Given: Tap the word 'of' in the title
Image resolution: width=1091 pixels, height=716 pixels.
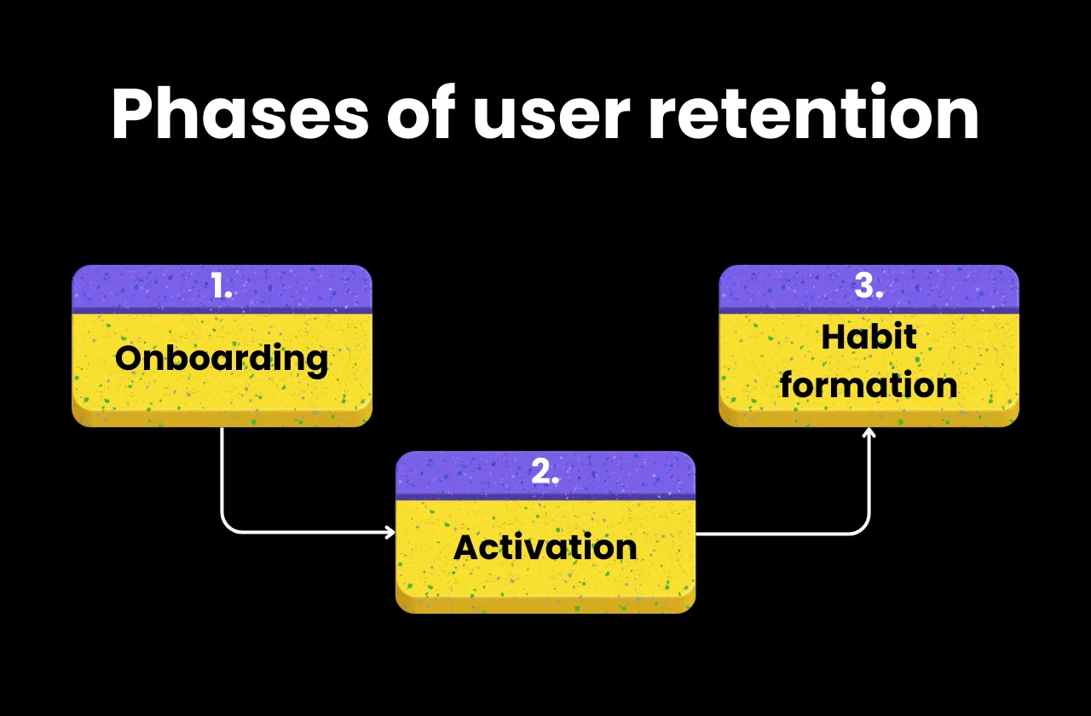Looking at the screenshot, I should coord(420,115).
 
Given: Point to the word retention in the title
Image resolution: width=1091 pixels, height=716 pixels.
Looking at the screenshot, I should coord(813,115).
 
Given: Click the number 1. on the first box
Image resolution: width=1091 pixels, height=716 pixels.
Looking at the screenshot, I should coord(222,288).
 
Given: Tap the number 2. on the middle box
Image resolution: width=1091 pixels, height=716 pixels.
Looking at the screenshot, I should coord(545,473).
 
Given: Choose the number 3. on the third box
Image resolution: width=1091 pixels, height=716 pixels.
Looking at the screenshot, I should coord(869,287).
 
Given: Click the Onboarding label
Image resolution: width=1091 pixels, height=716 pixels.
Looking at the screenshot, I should coord(222,358).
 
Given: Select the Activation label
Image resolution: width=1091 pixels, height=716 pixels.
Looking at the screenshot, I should coord(545,546).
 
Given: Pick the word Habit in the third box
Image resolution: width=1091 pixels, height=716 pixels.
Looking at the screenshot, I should coord(869,338).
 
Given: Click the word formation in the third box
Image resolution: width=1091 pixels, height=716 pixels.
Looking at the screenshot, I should coord(869,385).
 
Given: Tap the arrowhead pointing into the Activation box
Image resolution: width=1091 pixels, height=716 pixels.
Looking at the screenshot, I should coord(390,533).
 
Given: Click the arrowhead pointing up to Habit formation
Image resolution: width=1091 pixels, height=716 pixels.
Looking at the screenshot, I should coord(869,433).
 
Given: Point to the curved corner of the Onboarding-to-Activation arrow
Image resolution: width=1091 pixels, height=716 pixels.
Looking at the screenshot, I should coord(228,527).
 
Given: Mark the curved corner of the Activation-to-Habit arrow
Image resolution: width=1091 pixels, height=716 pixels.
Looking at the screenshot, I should coord(863,528).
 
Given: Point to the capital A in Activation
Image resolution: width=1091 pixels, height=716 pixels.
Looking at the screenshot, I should coord(466,546).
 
